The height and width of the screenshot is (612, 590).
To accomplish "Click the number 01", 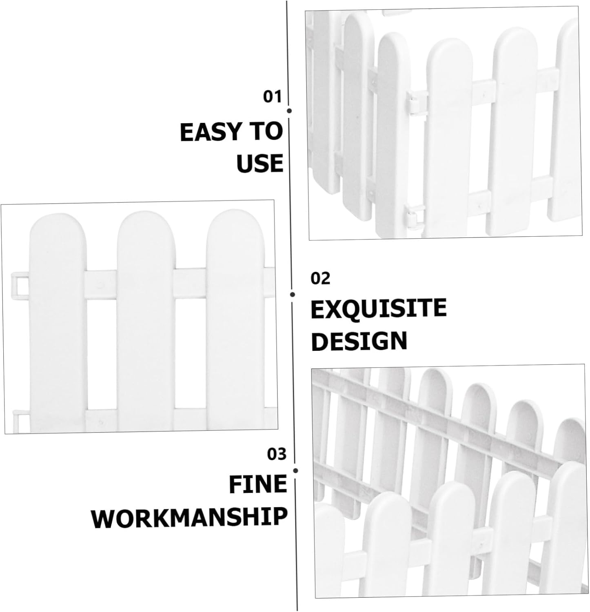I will pyautogui.click(x=272, y=97).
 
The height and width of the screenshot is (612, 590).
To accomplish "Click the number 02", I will pyautogui.click(x=320, y=278).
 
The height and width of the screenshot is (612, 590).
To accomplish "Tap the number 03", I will pyautogui.click(x=277, y=454).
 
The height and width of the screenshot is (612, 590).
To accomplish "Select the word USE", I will pyautogui.click(x=260, y=163).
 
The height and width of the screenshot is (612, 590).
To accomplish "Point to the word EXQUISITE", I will pyautogui.click(x=378, y=308).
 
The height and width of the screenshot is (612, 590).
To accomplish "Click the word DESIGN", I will pyautogui.click(x=359, y=341).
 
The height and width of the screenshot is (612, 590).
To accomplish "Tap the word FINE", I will pyautogui.click(x=258, y=484).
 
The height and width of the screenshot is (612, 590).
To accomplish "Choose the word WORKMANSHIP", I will pyautogui.click(x=190, y=517).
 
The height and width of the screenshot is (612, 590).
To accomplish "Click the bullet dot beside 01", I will pyautogui.click(x=289, y=111).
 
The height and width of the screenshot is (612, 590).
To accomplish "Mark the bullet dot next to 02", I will pyautogui.click(x=293, y=294).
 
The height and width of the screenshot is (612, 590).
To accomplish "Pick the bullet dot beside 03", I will pyautogui.click(x=295, y=471).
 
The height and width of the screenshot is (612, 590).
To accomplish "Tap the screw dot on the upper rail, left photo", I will pyautogui.click(x=102, y=282).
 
